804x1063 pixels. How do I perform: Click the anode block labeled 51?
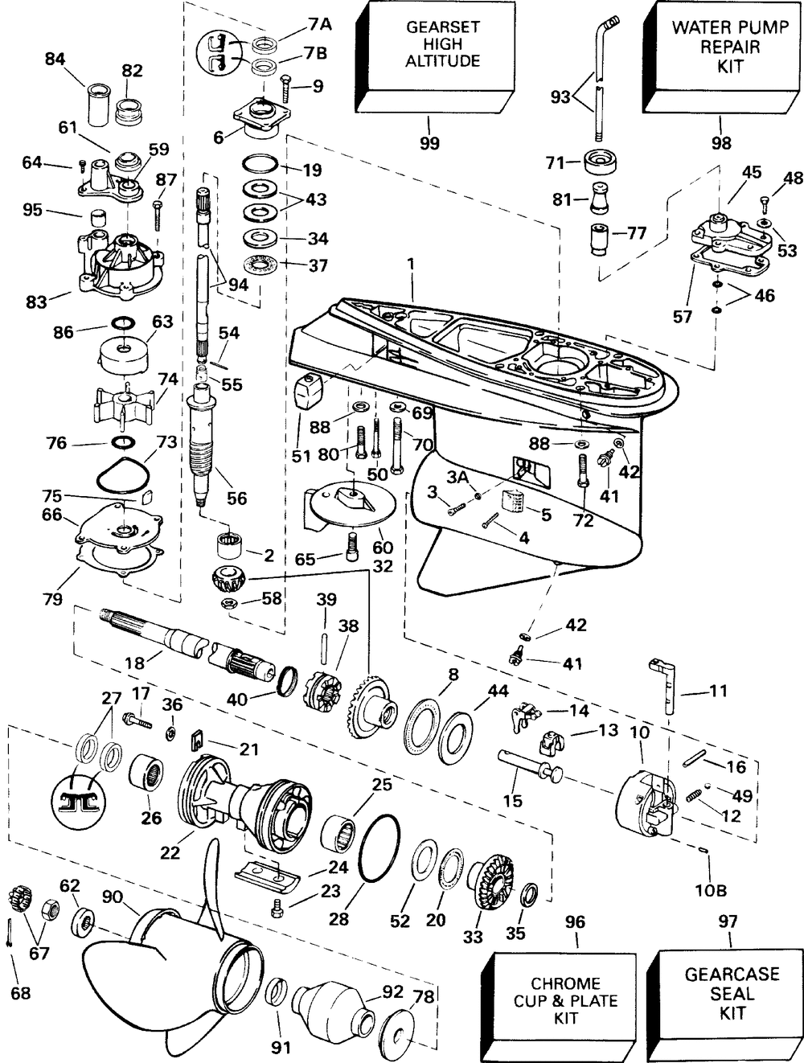click(x=309, y=391)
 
